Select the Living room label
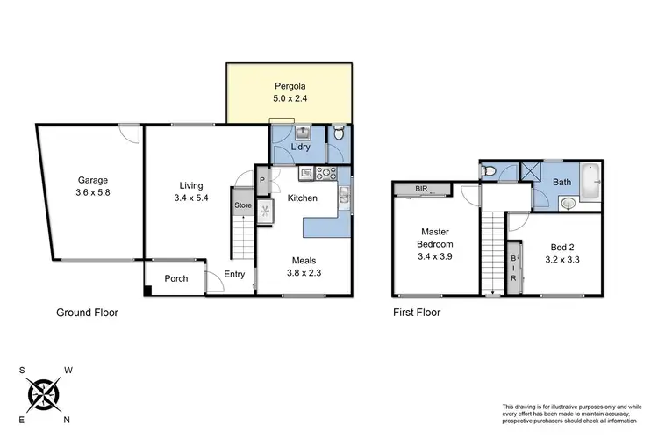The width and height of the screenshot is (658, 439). point(190,185)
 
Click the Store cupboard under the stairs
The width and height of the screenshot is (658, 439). point(242,205)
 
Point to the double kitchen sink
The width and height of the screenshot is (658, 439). point(347,199)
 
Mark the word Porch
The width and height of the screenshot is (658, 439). point(176,279)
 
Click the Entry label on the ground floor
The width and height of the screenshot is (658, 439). point(234,275)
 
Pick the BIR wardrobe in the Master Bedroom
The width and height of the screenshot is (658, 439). point(421,189)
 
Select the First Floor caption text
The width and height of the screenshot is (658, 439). point(416,312)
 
